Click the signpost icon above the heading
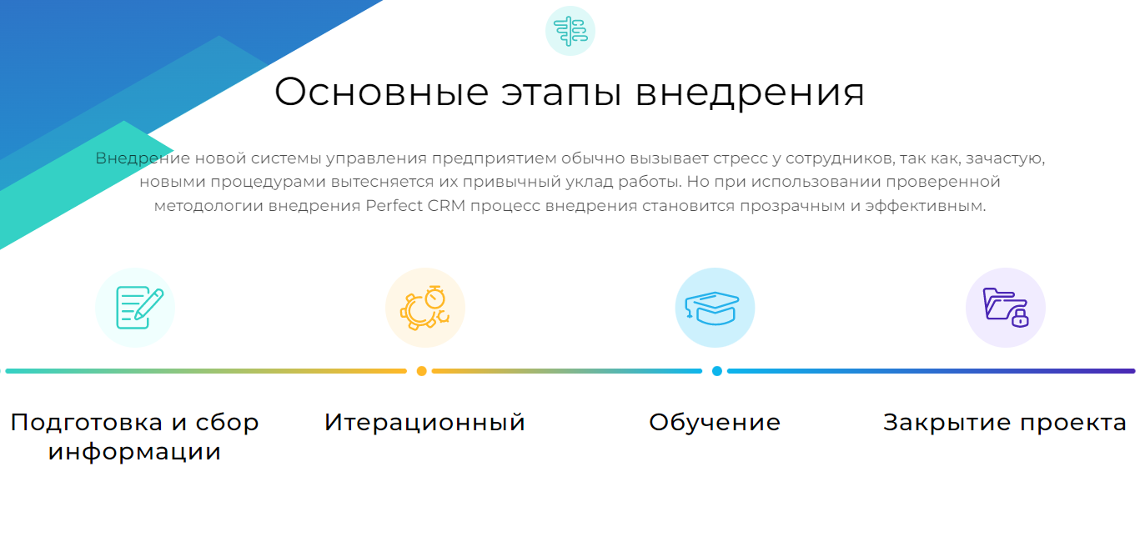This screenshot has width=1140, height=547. [x=570, y=31]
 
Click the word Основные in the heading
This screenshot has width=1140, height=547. [x=382, y=92]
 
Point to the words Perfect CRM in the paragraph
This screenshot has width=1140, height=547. [x=415, y=206]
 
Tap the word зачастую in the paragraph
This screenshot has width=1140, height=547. [x=1005, y=158]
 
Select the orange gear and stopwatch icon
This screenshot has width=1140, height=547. [x=425, y=308]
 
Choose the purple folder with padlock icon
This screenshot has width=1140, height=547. [x=1006, y=308]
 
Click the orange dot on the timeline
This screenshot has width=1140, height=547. [x=421, y=371]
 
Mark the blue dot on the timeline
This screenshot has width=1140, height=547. [x=717, y=371]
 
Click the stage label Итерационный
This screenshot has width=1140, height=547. [x=425, y=423]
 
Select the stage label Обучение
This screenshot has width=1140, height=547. [x=715, y=422]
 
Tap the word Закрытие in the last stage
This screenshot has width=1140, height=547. [x=947, y=423]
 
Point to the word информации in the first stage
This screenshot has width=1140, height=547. [x=135, y=452]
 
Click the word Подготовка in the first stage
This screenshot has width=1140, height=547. [x=87, y=423]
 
